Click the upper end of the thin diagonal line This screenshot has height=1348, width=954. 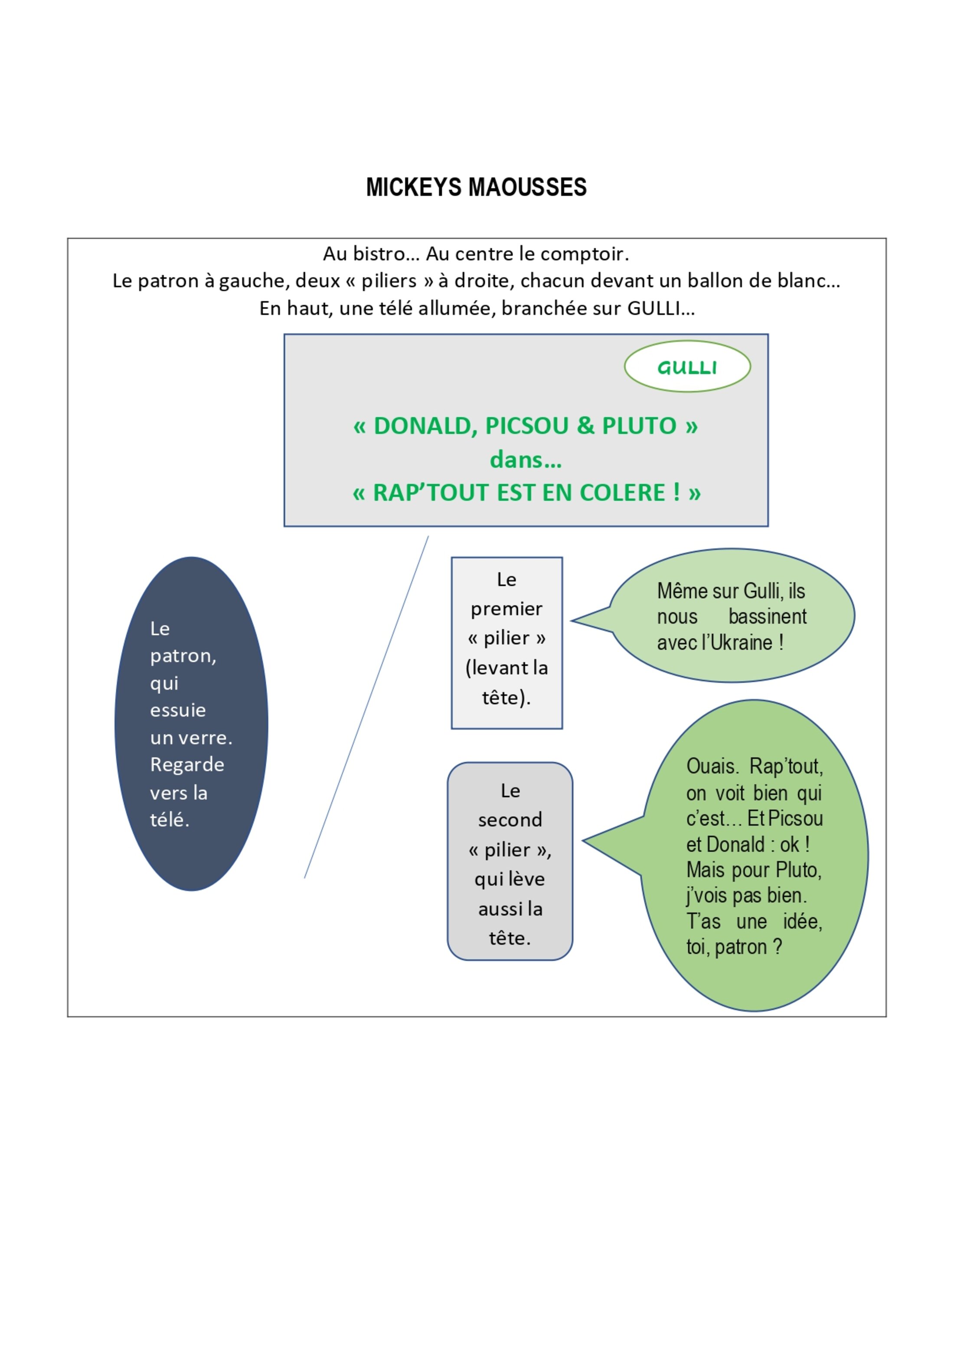coord(428,536)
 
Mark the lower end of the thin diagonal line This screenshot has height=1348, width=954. coord(304,878)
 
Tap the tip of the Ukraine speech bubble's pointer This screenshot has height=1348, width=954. coord(572,620)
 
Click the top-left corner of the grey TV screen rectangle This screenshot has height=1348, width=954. coord(284,335)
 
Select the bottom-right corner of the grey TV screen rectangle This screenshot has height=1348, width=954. coord(768,526)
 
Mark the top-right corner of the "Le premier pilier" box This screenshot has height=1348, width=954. coord(562,558)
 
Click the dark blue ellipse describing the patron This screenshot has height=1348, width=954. coord(192,724)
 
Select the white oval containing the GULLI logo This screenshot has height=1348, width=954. coord(687,366)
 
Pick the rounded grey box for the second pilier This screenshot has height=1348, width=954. coord(510,861)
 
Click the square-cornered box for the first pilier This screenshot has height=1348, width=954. coord(506,643)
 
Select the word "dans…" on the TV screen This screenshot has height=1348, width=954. coord(526,459)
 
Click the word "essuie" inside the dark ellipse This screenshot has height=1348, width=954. coord(178,710)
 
